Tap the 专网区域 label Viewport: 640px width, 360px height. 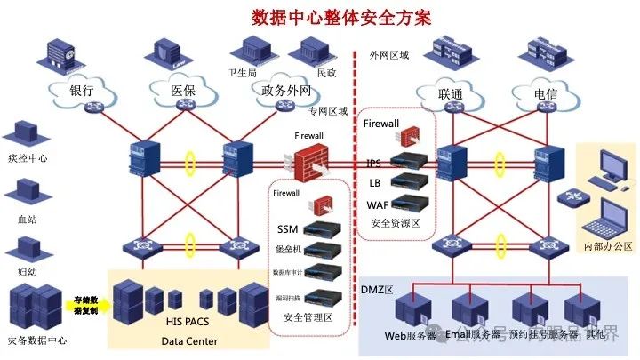click(328, 112)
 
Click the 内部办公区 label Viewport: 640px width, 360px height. click(607, 245)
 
